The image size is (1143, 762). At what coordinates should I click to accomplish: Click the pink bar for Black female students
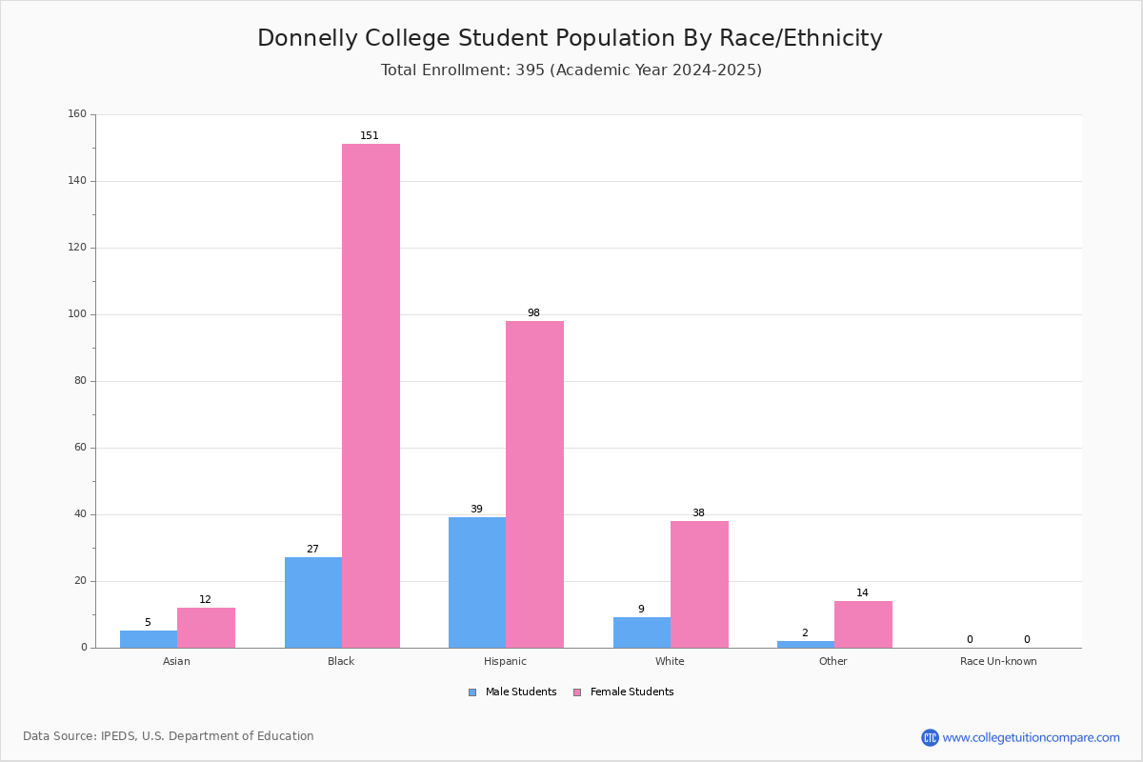(x=371, y=395)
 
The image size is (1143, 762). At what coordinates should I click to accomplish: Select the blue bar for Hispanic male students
(x=477, y=582)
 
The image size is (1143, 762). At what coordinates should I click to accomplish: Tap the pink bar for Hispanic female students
(x=534, y=485)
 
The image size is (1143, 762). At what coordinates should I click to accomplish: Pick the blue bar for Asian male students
(x=149, y=639)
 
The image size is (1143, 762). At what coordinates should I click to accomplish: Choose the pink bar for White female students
(x=699, y=585)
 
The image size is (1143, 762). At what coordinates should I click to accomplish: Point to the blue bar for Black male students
(x=313, y=602)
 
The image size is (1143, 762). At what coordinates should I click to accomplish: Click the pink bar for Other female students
(x=863, y=624)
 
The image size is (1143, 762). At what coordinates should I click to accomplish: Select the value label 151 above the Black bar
(x=370, y=135)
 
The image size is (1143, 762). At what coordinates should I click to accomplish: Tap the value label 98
(x=533, y=312)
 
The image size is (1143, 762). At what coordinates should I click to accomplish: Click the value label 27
(x=312, y=549)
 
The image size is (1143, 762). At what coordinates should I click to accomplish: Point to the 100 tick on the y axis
(x=77, y=314)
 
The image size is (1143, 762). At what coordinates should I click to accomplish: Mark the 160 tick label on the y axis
(x=77, y=113)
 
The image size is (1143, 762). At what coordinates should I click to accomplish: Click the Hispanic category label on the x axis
(x=505, y=661)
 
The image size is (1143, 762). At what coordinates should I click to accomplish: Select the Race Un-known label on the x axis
(x=998, y=661)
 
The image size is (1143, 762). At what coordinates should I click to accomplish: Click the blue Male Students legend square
(x=472, y=692)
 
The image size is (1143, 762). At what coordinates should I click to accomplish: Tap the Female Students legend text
(x=632, y=692)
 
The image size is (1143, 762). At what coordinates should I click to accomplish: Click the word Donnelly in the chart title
(x=308, y=38)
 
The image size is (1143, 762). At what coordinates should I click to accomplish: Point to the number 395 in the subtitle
(x=531, y=70)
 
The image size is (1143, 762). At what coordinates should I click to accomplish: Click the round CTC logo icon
(x=930, y=737)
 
